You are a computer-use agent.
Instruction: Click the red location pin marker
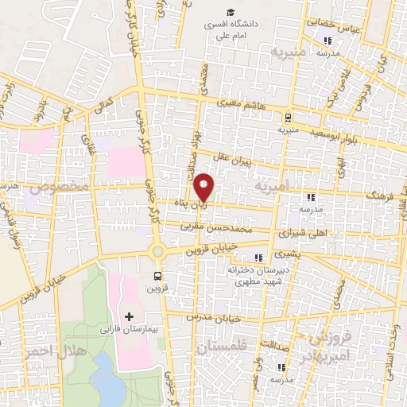(x=204, y=187)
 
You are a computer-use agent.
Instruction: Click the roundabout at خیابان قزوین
(x=157, y=251)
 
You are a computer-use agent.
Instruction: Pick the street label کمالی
(x=104, y=104)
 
